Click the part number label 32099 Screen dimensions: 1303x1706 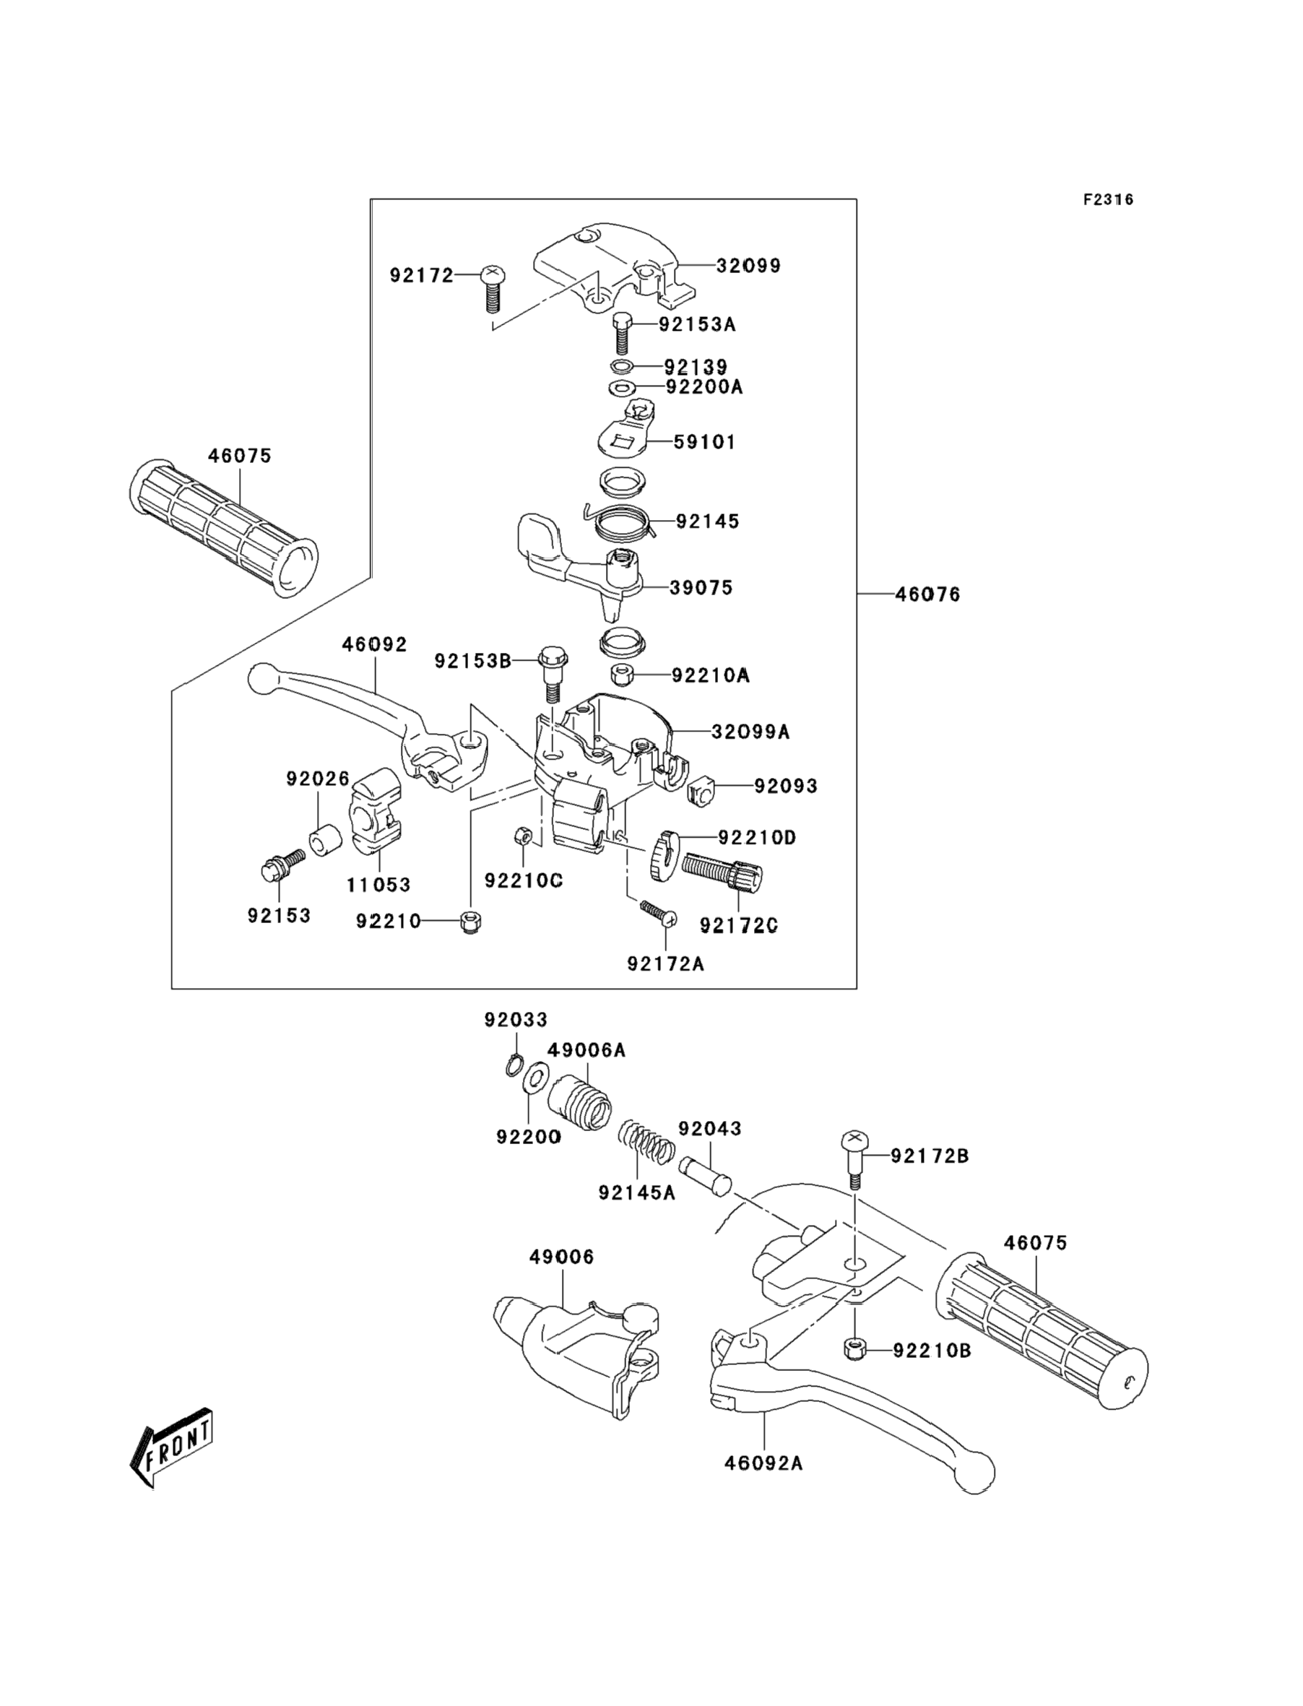click(748, 265)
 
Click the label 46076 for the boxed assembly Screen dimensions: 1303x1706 click(927, 594)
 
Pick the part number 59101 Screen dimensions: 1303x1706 click(704, 442)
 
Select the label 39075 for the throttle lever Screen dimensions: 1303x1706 click(701, 588)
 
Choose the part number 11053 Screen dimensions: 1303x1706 click(378, 885)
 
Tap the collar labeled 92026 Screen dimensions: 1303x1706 click(326, 841)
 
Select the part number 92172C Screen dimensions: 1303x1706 click(738, 925)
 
